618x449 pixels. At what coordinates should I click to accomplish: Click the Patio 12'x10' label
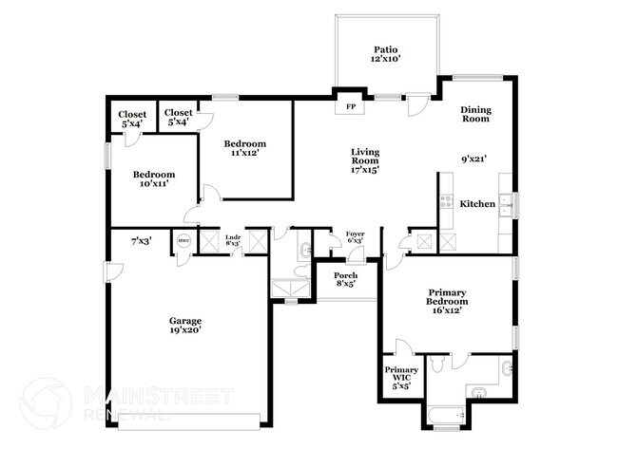point(386,53)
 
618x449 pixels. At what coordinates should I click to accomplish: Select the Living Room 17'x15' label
point(365,161)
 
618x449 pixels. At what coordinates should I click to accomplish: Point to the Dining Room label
point(474,114)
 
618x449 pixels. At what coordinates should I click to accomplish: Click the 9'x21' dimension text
point(473,159)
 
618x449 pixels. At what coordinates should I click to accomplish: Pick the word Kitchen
point(476,204)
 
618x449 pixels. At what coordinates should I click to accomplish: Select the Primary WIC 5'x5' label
point(400,377)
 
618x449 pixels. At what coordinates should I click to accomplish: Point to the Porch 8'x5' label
point(345,278)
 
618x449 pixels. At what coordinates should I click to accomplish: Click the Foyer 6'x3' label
point(355,237)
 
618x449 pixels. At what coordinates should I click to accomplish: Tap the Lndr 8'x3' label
point(232,240)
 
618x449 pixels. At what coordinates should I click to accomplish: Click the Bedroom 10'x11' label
point(154,179)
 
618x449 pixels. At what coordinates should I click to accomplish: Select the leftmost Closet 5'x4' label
point(132,118)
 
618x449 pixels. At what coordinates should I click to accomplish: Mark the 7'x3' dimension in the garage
point(141,241)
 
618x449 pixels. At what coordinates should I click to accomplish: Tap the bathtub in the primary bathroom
point(443,416)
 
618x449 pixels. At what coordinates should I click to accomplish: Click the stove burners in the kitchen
point(445,200)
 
